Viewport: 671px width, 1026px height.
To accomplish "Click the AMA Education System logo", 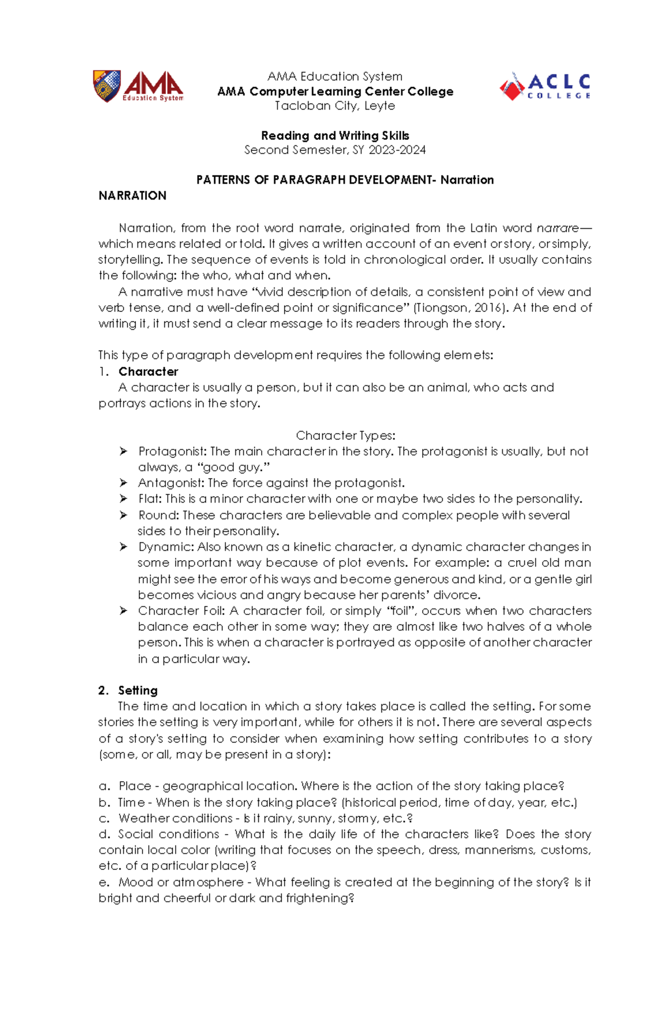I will [138, 86].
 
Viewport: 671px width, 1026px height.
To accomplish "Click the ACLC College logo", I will [545, 87].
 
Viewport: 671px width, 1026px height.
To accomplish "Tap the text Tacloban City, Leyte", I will [335, 106].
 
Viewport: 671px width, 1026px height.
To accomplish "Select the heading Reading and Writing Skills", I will [335, 135].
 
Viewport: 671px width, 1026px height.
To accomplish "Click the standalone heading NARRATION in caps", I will [133, 196].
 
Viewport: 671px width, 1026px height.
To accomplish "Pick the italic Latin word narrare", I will [557, 228].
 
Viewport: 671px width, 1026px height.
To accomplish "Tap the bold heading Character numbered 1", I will [148, 372].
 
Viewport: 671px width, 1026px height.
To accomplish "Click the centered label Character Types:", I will [346, 436].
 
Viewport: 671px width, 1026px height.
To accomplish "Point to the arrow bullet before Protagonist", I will [124, 451].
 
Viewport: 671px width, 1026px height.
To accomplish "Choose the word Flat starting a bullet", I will [149, 499].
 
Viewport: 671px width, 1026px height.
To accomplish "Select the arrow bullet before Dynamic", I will [124, 547].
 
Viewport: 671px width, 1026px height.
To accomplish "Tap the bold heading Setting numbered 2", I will [138, 691].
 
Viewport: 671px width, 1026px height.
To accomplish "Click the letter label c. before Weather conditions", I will [104, 819].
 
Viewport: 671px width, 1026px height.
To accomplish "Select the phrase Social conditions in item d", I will [168, 834].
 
